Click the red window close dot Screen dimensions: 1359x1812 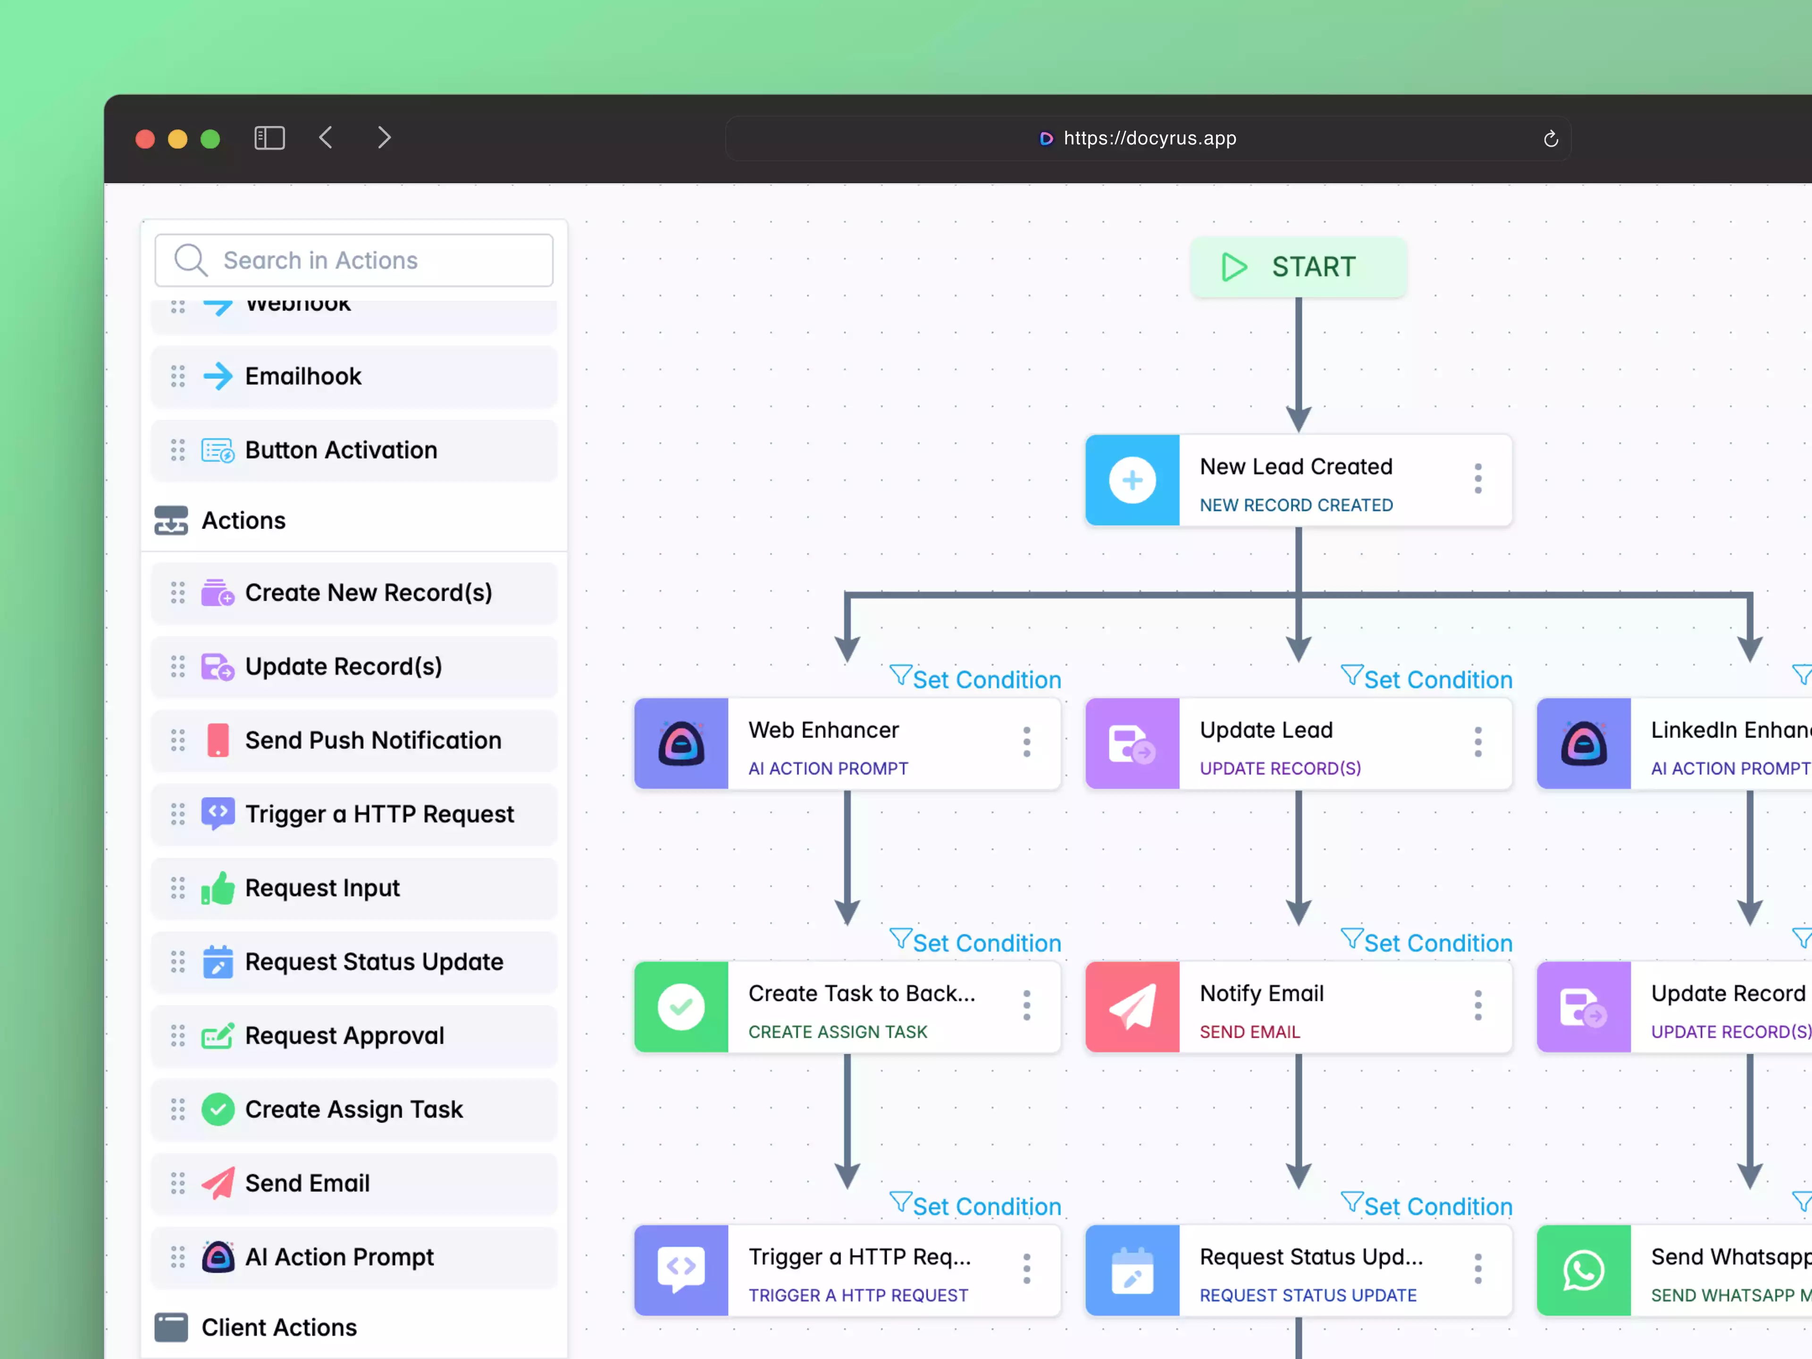(x=145, y=138)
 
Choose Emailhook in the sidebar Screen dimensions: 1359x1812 (x=303, y=376)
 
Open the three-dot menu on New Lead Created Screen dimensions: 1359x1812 (x=1478, y=479)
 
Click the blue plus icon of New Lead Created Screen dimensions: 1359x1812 (x=1132, y=480)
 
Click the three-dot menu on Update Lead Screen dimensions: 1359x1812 (x=1478, y=742)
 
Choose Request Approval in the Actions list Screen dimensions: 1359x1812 (x=344, y=1035)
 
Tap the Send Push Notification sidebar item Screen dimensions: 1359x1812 (x=373, y=740)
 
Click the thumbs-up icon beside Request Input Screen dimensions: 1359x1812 (x=218, y=888)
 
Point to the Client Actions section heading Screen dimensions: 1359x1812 (x=278, y=1327)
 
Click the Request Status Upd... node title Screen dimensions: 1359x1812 (x=1311, y=1257)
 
